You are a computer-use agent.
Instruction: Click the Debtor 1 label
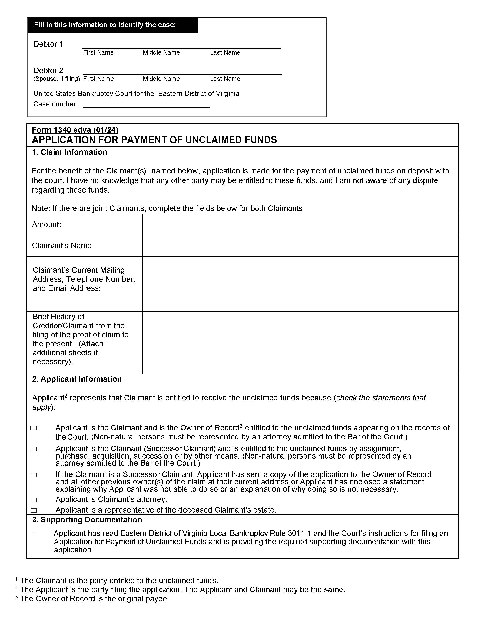tap(48, 44)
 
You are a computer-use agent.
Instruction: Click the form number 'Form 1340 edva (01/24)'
tap(75, 130)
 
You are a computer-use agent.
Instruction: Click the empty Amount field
tap(300, 224)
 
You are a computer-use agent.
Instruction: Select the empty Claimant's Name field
tap(300, 246)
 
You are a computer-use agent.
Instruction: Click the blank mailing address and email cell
tap(300, 284)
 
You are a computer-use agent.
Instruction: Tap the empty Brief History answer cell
tap(300, 342)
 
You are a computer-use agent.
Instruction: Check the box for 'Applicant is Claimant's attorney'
tap(34, 500)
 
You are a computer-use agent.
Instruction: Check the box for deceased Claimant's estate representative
tap(34, 510)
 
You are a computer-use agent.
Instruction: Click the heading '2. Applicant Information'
tap(77, 379)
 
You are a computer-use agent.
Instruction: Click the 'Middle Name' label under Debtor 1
tap(161, 52)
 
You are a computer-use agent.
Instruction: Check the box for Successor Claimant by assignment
tap(34, 449)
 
